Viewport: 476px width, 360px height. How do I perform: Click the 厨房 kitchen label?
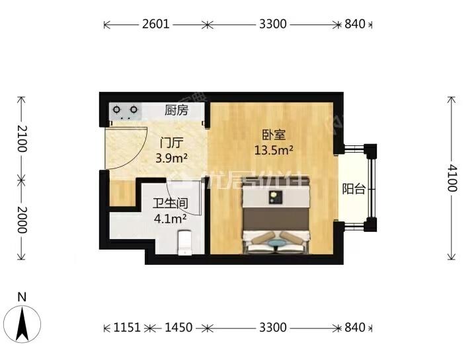coord(176,110)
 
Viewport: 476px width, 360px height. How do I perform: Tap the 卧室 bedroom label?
coord(273,135)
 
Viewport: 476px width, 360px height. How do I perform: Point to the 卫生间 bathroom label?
coord(169,203)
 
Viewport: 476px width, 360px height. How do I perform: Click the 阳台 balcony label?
coord(354,190)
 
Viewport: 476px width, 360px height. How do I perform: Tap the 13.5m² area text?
coord(274,150)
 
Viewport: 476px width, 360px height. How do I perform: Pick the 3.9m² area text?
coord(171,158)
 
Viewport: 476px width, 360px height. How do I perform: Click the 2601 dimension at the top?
coord(156,24)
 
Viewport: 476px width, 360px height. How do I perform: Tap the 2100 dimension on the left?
coord(21,138)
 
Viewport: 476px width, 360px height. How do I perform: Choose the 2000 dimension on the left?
coord(21,219)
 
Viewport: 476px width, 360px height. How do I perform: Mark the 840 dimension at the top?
coord(355,24)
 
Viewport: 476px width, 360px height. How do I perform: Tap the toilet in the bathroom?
coord(186,240)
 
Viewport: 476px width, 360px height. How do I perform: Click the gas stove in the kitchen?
coord(125,110)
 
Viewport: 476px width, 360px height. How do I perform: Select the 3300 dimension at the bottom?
coord(272,328)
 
